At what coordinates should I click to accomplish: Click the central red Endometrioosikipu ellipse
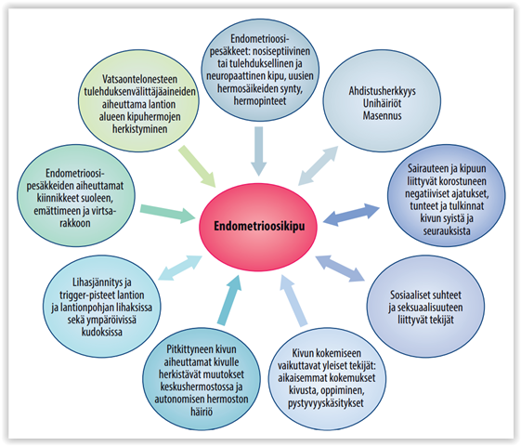coord(258,226)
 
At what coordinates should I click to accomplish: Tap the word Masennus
coord(382,115)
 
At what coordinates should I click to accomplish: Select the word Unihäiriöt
coord(382,103)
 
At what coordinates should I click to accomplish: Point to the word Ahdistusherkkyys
coord(382,91)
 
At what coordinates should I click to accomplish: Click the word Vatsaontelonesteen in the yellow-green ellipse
coord(139,79)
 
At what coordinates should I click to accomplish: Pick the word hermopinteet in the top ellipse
coord(260,100)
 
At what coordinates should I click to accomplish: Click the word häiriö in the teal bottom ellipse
coord(202,412)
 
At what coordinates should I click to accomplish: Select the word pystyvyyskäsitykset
coord(326,403)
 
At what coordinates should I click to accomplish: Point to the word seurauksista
coord(447,231)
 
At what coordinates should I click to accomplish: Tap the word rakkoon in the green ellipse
coord(75,223)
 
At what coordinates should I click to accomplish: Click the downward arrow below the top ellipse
coord(258,151)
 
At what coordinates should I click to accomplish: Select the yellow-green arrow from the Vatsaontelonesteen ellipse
coord(197,166)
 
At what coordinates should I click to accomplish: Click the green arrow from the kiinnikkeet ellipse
coord(167,213)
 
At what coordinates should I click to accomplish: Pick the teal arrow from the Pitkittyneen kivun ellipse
coord(229,300)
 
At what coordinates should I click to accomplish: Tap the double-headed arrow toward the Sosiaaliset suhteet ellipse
coord(340,269)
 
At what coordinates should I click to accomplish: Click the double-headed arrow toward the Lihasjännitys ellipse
coord(180,268)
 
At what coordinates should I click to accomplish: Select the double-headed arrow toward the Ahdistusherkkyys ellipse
coord(318,165)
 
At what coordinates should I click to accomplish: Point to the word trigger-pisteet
coord(101,295)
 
